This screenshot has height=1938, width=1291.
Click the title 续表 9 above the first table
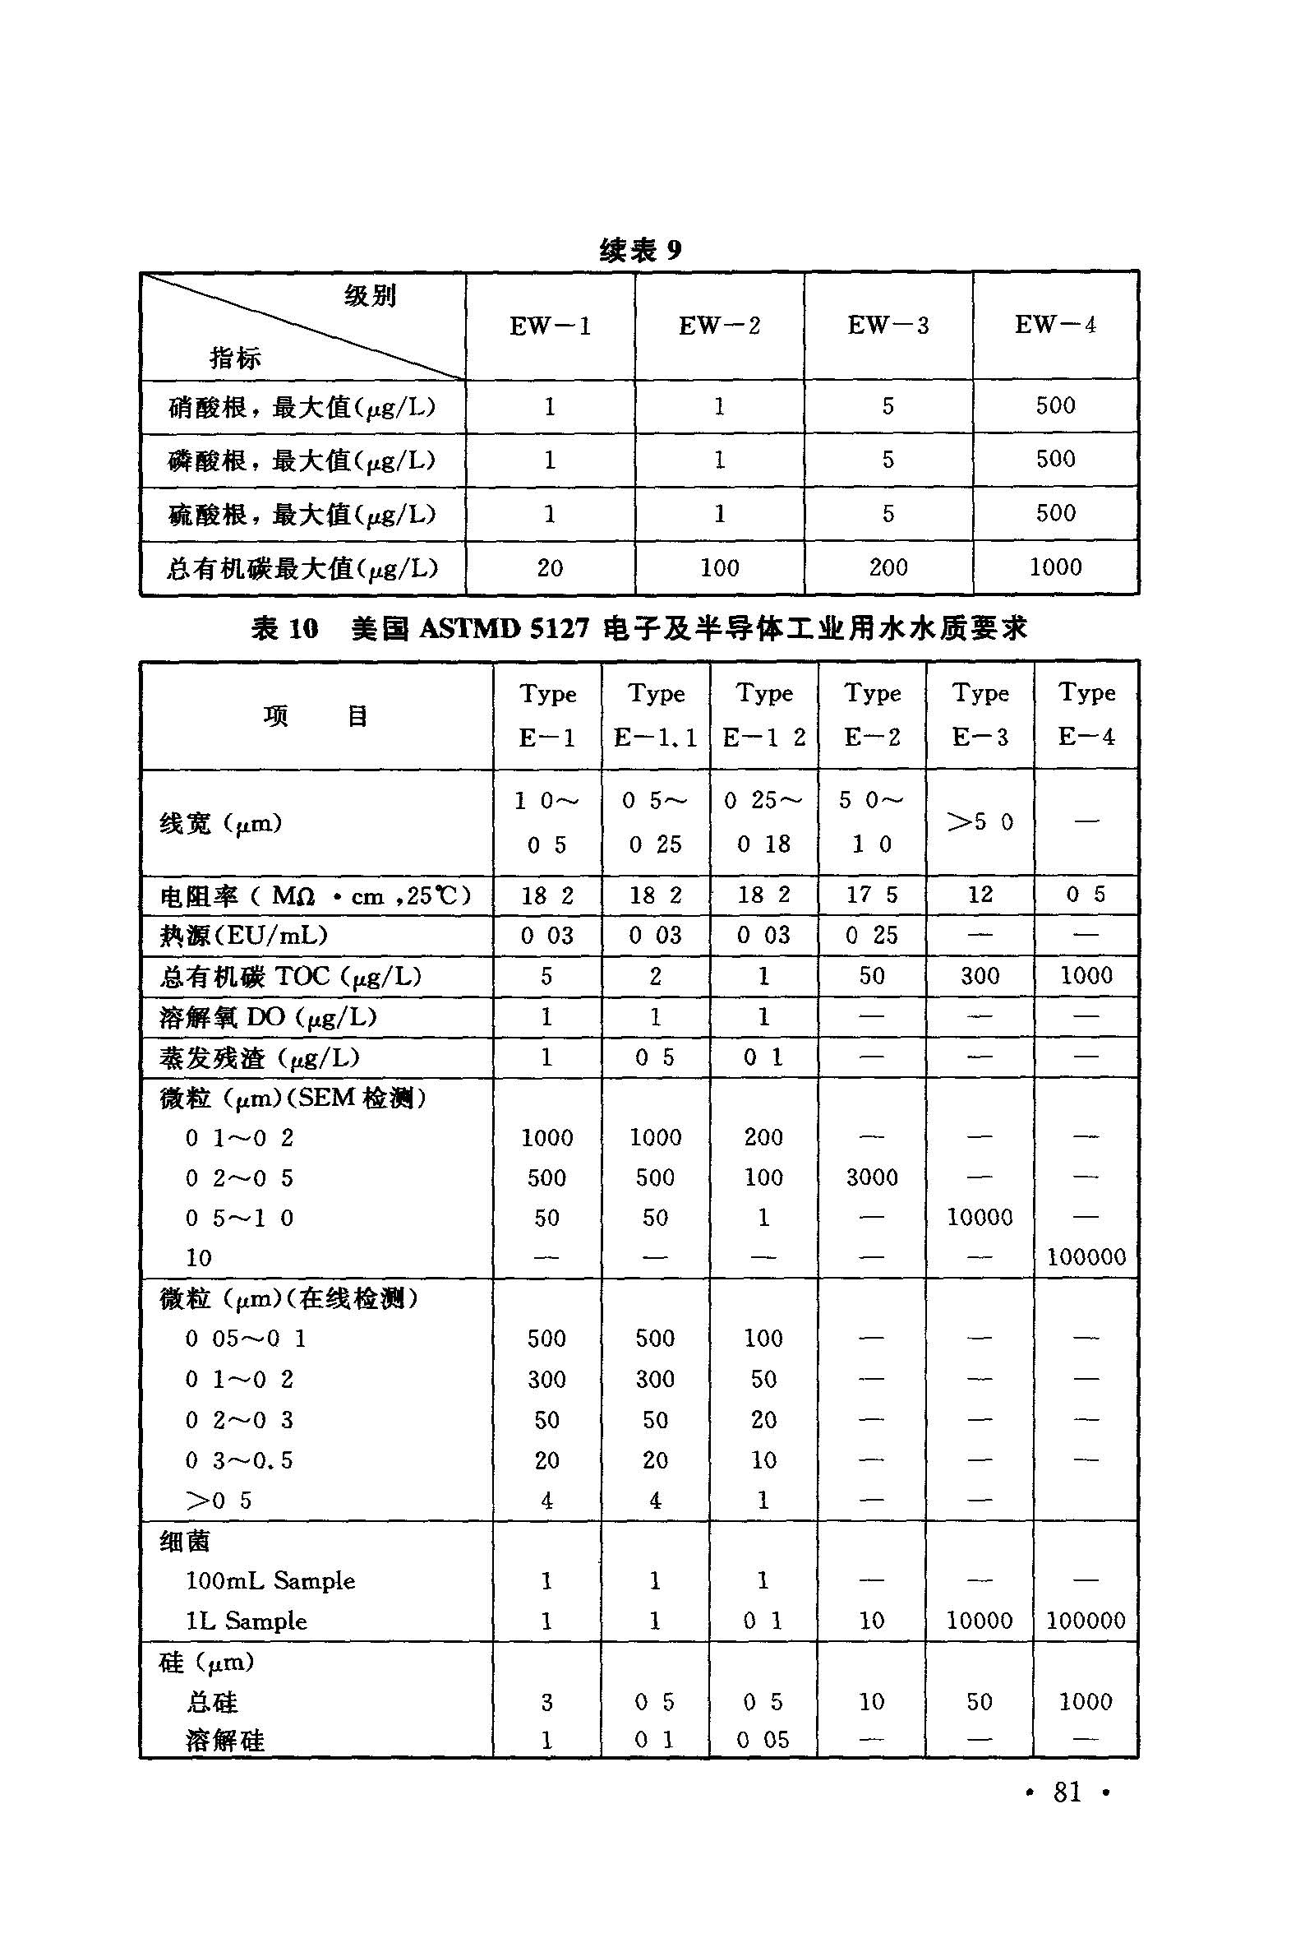pos(640,251)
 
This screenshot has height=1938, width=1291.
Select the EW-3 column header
pos(888,326)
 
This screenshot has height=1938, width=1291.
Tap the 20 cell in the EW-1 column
pos(549,567)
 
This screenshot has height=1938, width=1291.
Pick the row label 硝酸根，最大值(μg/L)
pos(302,407)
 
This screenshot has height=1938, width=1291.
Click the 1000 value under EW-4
pos(1054,567)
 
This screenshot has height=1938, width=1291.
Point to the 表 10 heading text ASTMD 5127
pos(504,630)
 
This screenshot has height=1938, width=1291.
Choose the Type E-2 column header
pos(872,715)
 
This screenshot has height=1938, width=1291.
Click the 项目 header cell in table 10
pos(316,715)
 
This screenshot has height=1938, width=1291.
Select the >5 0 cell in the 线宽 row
pos(979,822)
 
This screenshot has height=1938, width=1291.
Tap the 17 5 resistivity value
pos(872,895)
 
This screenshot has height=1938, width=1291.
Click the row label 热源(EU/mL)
pos(244,936)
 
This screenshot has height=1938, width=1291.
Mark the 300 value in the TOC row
pos(979,976)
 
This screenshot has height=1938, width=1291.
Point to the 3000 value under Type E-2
pos(872,1177)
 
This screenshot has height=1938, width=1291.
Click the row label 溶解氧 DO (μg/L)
pos(268,1017)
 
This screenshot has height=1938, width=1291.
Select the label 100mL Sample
pos(270,1581)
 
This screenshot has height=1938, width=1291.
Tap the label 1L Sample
pos(246,1621)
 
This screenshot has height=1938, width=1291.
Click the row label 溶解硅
pos(225,1741)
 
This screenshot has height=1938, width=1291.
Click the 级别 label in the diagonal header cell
pos(370,295)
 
